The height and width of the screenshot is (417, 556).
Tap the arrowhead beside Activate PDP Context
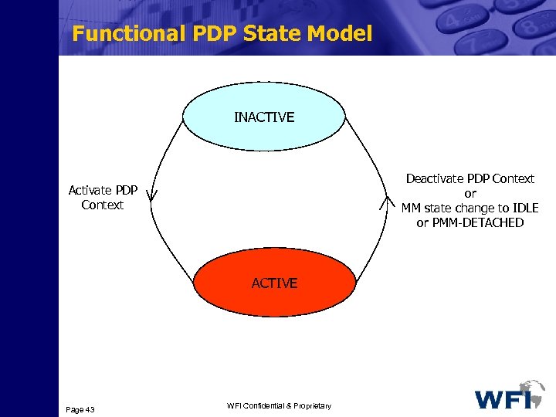click(x=151, y=196)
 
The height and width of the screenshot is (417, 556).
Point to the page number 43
click(x=90, y=409)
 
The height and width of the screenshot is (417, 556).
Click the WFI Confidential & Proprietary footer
click(x=279, y=406)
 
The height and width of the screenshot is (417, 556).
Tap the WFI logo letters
click(x=502, y=398)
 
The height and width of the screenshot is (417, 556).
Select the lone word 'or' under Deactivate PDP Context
click(x=470, y=193)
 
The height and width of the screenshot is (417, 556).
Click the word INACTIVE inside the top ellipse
click(x=264, y=117)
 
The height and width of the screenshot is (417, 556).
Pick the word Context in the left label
click(x=103, y=205)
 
